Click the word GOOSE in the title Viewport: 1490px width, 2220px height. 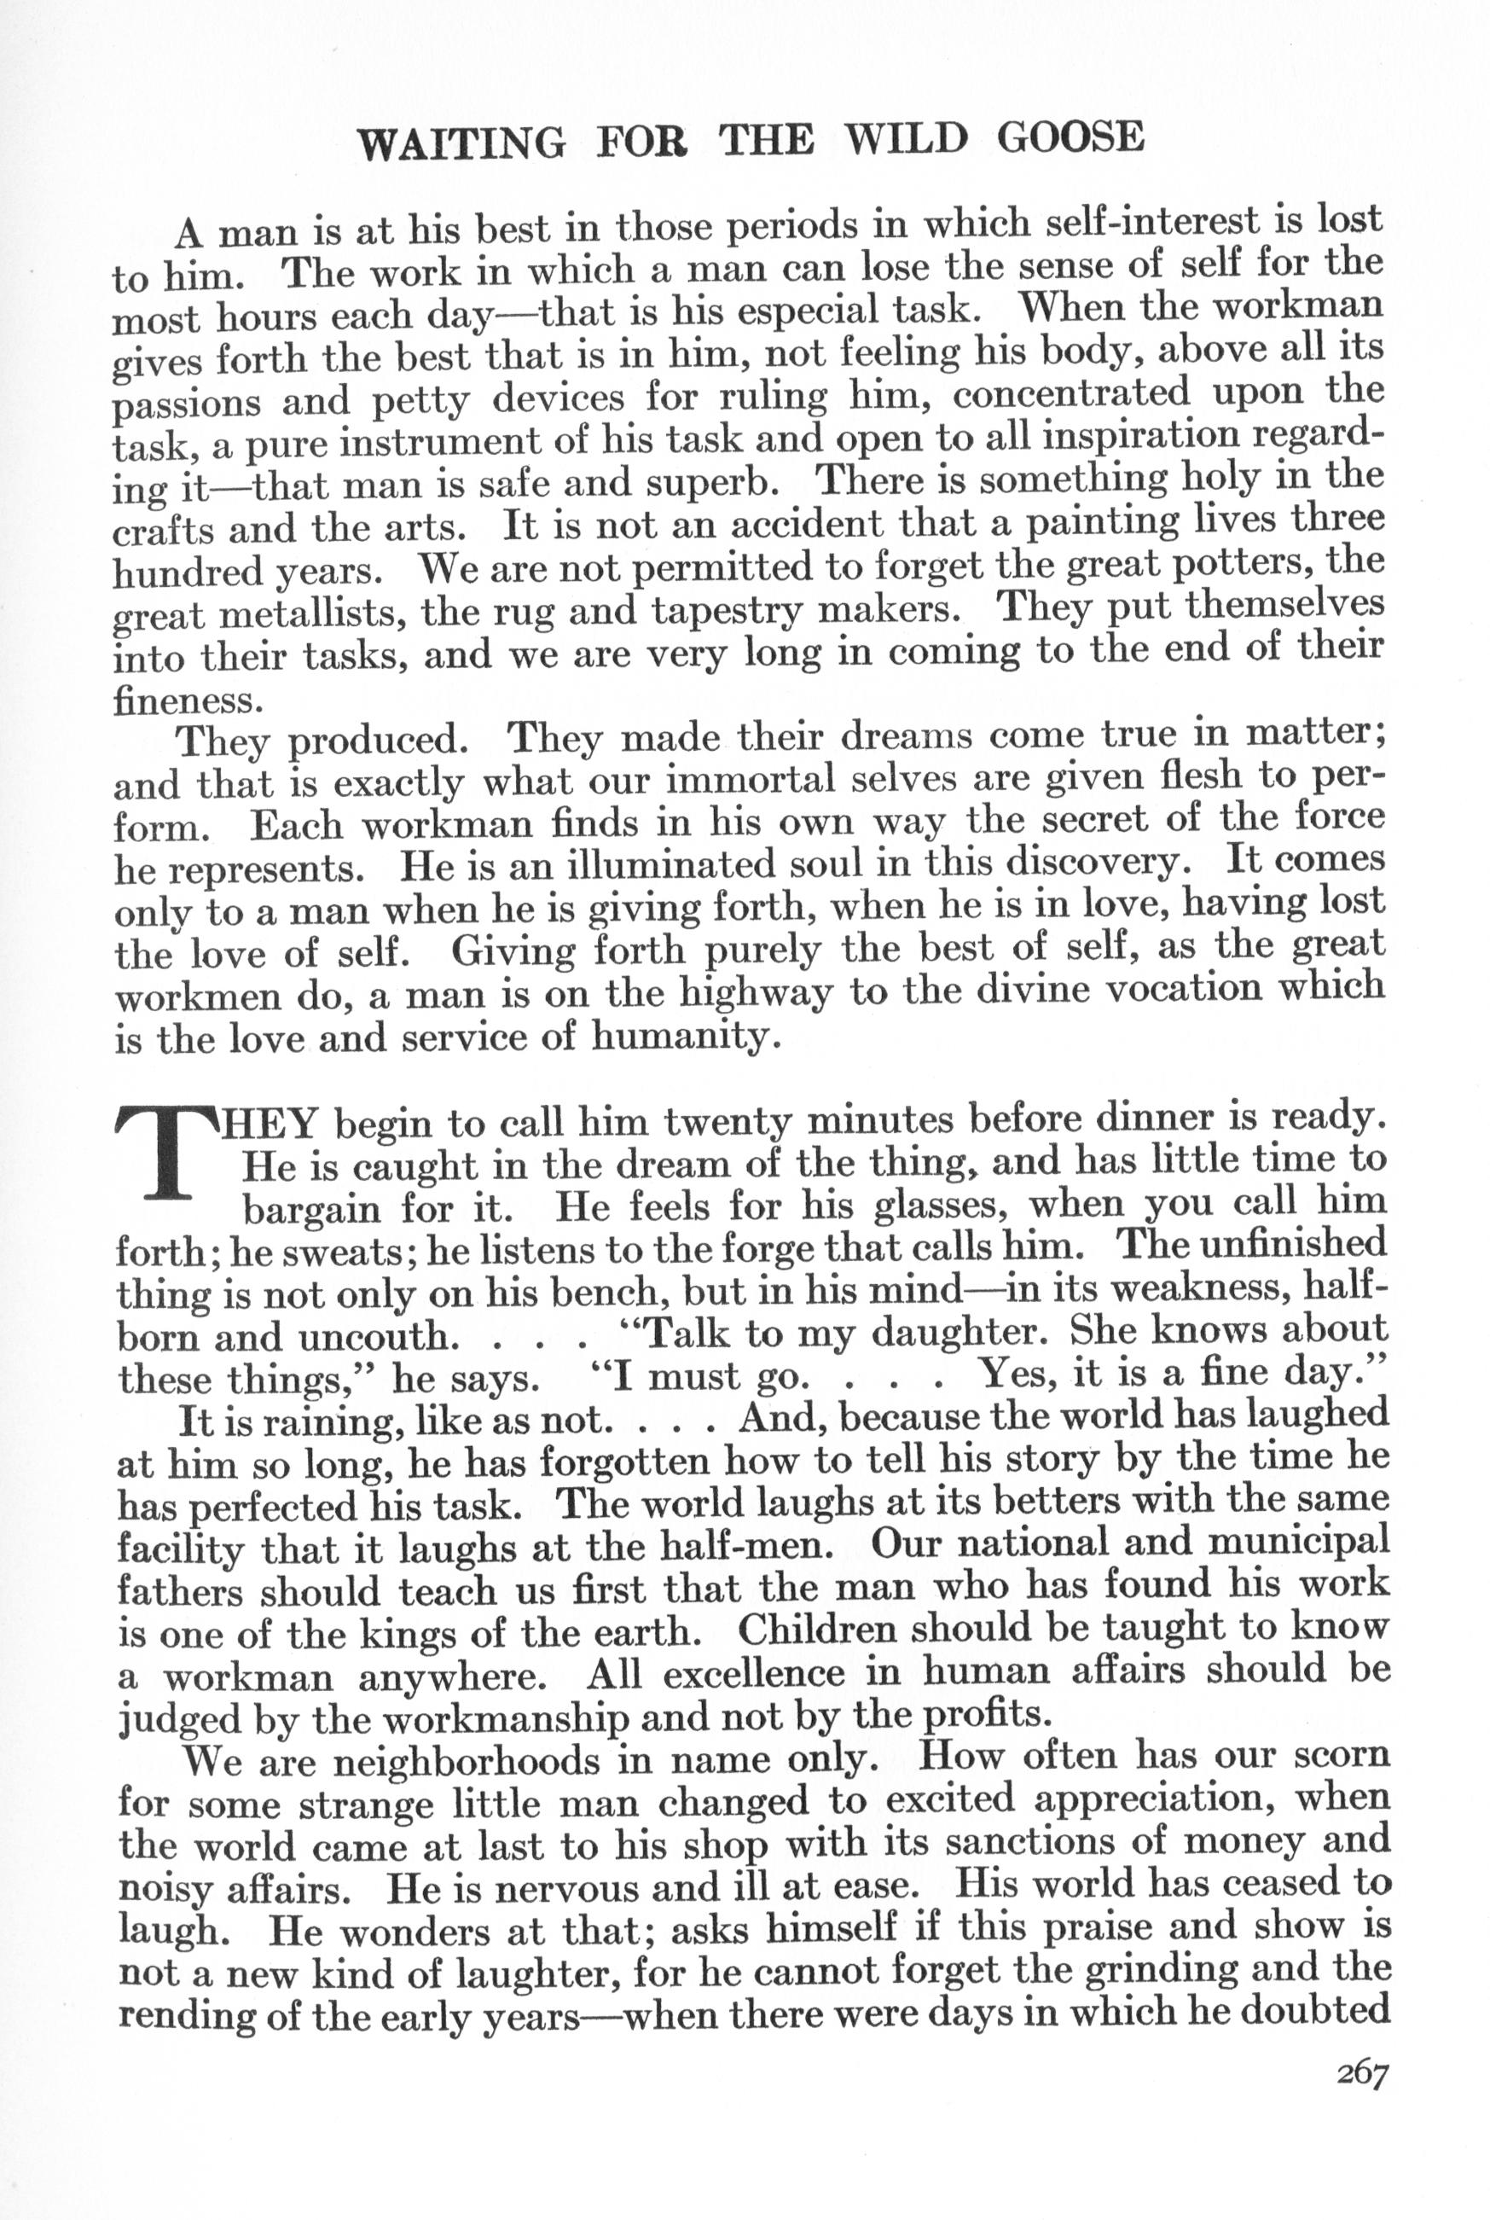(x=1071, y=139)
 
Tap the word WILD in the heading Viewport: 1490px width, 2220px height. (x=907, y=140)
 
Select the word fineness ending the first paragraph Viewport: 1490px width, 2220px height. (x=186, y=700)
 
